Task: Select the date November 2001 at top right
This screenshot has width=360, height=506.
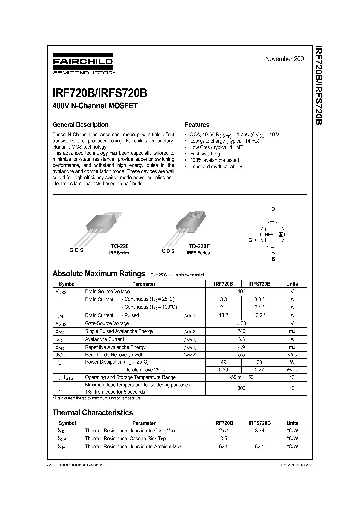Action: (x=286, y=59)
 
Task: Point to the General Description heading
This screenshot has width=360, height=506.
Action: (x=80, y=125)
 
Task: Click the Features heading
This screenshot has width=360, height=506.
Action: (x=197, y=125)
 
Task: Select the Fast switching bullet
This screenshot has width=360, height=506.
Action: (x=205, y=154)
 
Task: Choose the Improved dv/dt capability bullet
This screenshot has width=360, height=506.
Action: (x=216, y=167)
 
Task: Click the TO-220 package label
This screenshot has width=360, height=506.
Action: (x=118, y=247)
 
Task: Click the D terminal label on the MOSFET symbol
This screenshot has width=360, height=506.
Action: (x=273, y=208)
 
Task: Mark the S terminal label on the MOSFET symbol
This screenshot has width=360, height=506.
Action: (x=273, y=259)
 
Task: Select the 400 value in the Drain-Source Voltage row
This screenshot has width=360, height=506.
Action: (x=241, y=291)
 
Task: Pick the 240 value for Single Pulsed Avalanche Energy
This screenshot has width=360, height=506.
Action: (x=241, y=331)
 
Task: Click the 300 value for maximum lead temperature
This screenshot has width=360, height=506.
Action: (x=241, y=388)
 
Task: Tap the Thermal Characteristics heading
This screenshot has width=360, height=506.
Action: (x=93, y=413)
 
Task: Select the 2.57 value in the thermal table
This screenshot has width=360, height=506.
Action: (x=223, y=430)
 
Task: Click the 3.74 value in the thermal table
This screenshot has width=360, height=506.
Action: (x=259, y=430)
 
